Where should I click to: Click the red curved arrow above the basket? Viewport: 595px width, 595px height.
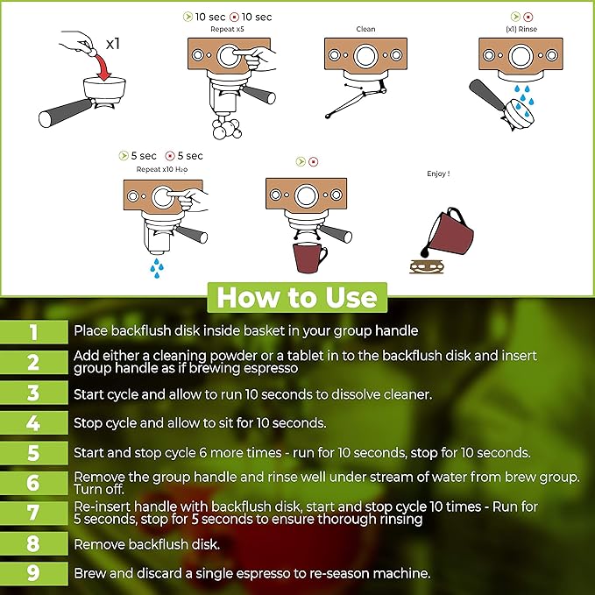(103, 67)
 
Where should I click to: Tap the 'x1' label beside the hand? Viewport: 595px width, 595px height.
(113, 44)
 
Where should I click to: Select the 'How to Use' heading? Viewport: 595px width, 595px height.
(297, 298)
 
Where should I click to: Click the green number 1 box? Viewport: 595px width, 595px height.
(34, 332)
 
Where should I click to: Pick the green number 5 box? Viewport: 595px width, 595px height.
(34, 453)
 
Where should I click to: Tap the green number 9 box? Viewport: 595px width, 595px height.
(34, 573)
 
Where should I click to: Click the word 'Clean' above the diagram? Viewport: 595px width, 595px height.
(365, 29)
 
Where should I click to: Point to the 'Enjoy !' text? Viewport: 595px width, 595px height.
(438, 174)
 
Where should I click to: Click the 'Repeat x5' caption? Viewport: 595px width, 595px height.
(227, 29)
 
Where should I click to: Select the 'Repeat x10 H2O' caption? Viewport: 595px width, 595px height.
(162, 169)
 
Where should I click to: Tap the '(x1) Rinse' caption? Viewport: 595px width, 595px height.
(521, 29)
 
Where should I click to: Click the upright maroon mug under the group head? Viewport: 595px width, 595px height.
(309, 258)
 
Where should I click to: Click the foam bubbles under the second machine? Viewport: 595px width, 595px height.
(227, 128)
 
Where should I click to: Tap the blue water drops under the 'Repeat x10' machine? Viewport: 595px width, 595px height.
(157, 268)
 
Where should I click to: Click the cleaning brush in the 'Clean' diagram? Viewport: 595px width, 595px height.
(356, 99)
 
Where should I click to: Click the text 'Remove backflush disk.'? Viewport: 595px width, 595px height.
(147, 544)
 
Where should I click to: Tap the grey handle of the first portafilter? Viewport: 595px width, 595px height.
(65, 113)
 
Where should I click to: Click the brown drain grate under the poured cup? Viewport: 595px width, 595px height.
(426, 266)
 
